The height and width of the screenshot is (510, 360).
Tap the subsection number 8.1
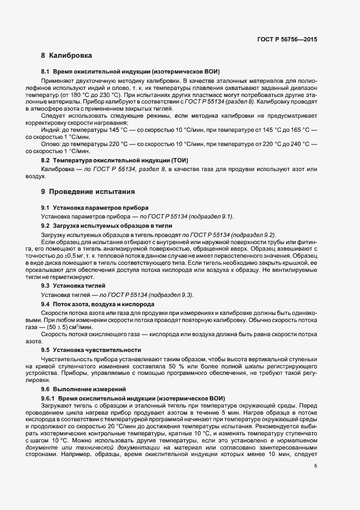click(x=46, y=72)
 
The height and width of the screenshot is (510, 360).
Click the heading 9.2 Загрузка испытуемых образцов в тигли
click(x=108, y=225)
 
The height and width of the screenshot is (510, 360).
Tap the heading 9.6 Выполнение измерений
click(x=84, y=390)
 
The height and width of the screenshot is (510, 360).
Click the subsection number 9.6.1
click(x=48, y=398)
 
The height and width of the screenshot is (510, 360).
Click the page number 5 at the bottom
click(x=315, y=466)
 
